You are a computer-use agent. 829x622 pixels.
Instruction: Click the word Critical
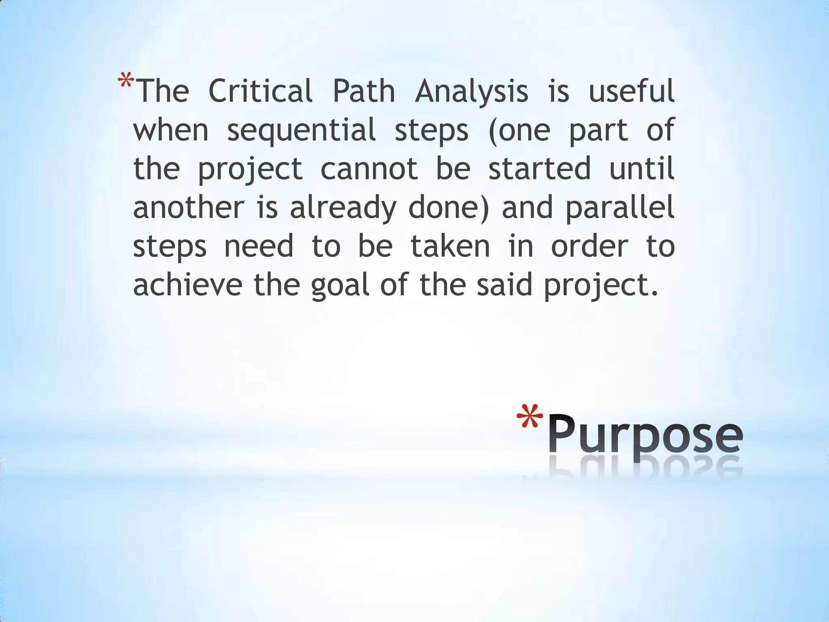click(x=260, y=91)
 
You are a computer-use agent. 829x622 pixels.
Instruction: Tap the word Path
click(x=363, y=91)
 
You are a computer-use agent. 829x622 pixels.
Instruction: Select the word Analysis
click(x=472, y=92)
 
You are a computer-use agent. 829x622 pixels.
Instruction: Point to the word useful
click(x=631, y=91)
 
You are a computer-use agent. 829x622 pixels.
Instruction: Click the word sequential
click(x=301, y=130)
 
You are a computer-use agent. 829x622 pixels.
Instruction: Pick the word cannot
click(x=369, y=168)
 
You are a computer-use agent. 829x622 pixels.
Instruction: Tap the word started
click(x=540, y=168)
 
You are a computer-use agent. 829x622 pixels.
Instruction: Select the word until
click(x=642, y=168)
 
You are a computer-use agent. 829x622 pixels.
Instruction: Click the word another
click(x=189, y=207)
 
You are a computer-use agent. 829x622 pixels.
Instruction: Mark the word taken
click(x=450, y=246)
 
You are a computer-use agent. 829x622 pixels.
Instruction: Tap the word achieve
click(x=188, y=285)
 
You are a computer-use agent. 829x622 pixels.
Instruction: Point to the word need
click(x=259, y=246)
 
